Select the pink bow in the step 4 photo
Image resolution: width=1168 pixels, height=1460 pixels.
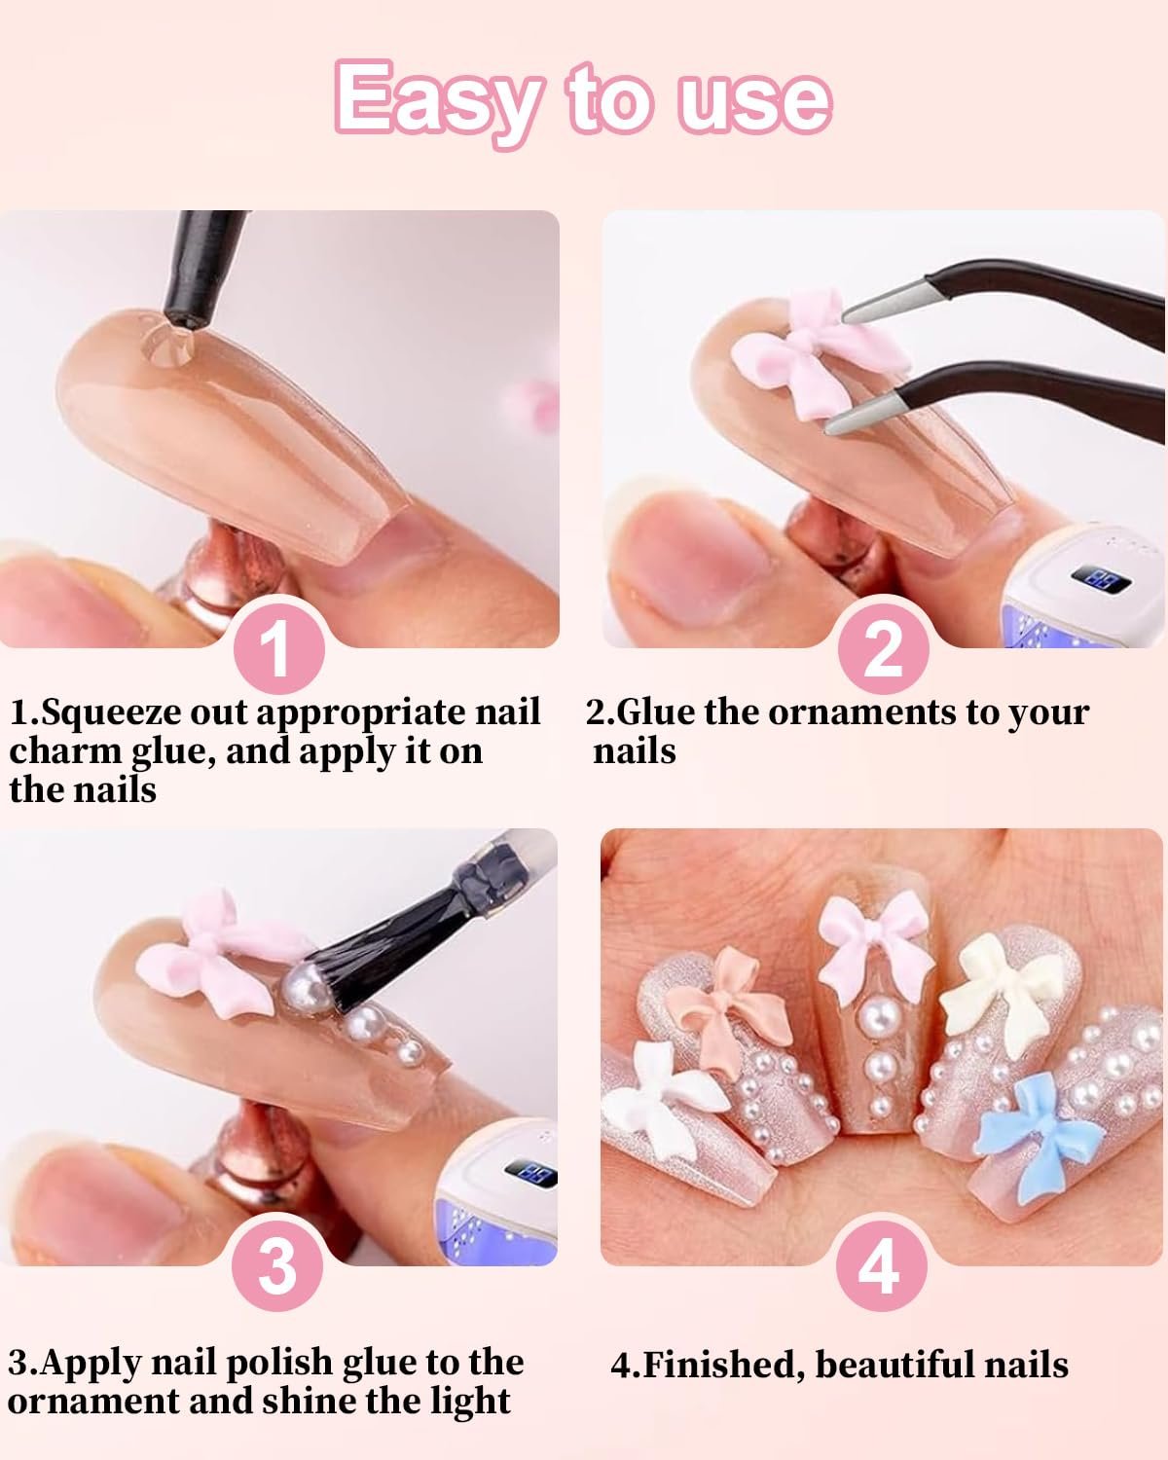[x=875, y=946]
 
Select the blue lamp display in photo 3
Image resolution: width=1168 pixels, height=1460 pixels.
[x=531, y=1172]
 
